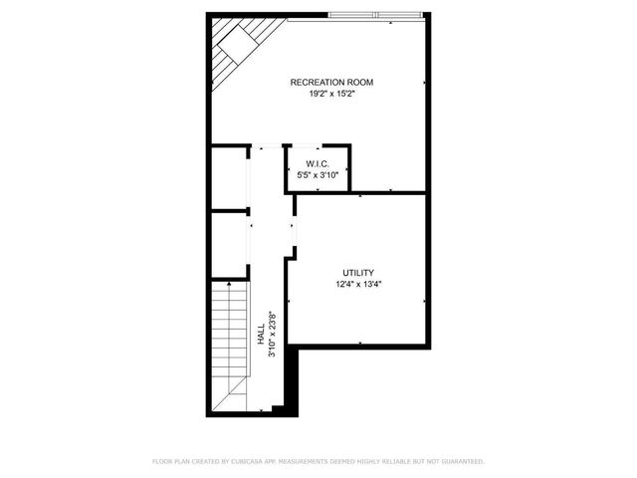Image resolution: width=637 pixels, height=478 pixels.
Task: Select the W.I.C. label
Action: coord(318,163)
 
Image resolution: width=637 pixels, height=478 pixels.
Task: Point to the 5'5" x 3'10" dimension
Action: coord(318,175)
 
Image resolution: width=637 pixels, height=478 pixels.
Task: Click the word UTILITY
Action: coord(358,272)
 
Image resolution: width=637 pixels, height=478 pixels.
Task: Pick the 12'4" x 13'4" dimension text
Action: coord(358,284)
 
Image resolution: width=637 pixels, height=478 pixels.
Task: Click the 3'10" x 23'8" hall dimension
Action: coord(272,335)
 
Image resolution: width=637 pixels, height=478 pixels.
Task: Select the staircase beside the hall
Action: coord(228,334)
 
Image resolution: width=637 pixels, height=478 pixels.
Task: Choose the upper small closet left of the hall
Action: coord(229,178)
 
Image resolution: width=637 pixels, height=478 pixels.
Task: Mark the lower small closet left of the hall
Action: coord(229,244)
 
